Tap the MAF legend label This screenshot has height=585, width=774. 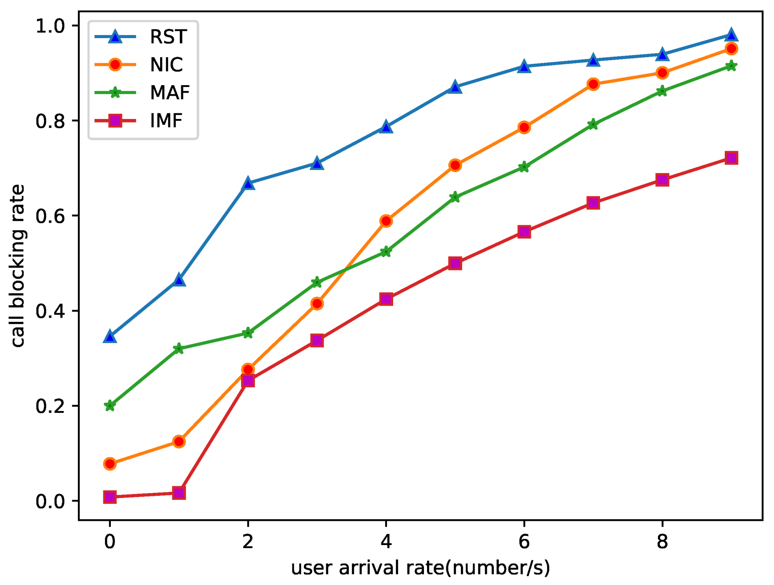pos(170,93)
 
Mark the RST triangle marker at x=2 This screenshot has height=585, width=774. pos(248,184)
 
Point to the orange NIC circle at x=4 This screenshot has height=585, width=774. pos(386,221)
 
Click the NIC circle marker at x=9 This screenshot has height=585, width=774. pos(731,49)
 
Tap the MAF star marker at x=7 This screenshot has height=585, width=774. pos(593,125)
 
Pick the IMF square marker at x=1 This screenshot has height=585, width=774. pos(179,493)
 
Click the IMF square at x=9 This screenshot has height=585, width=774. pos(731,158)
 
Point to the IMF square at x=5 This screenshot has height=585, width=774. pos(455,264)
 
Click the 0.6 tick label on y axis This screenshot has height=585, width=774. pos(50,216)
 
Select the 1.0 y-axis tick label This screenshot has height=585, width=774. pos(50,26)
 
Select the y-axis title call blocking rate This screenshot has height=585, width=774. pos(18,266)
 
